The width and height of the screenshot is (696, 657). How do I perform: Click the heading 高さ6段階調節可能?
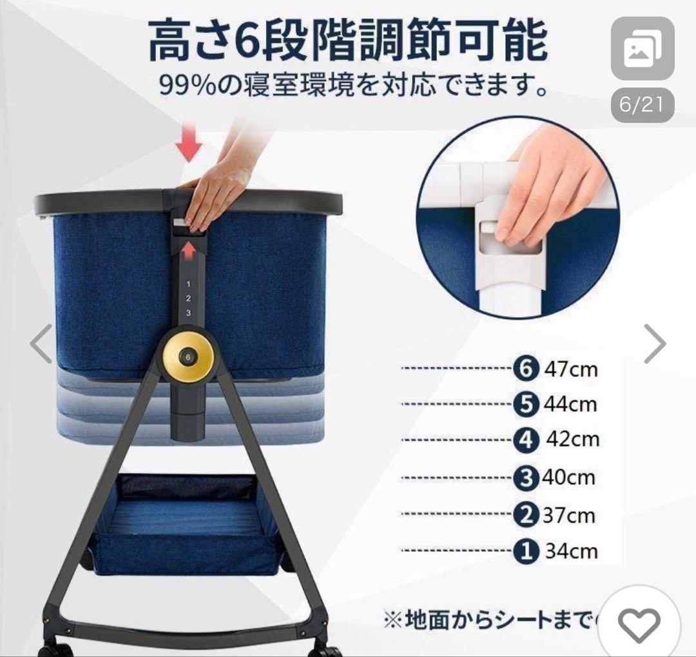[x=348, y=41]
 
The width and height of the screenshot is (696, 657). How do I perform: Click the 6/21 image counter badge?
[x=642, y=105]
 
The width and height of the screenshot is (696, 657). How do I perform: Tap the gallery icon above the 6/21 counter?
[x=642, y=48]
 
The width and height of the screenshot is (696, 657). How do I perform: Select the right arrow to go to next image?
[x=654, y=344]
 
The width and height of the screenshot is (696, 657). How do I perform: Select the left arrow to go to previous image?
[x=41, y=344]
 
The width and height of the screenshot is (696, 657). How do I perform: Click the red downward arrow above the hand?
[x=188, y=146]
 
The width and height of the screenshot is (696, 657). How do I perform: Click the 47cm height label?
[x=570, y=369]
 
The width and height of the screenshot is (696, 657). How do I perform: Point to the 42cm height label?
[x=572, y=439]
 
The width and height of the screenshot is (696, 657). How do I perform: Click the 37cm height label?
[x=568, y=515]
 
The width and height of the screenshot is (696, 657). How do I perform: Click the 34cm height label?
[x=571, y=551]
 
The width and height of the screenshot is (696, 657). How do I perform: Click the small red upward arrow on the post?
[x=188, y=248]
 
